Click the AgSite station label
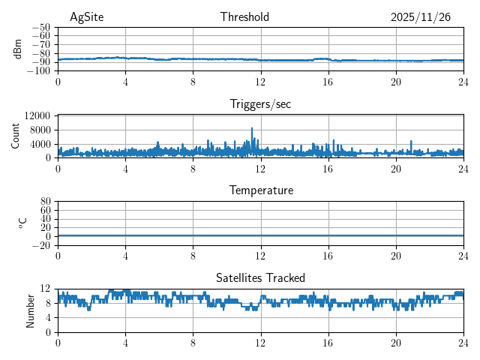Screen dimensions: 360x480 [86, 17]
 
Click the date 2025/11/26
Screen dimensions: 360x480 [420, 17]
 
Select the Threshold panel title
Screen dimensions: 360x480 [244, 17]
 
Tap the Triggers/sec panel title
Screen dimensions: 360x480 [260, 104]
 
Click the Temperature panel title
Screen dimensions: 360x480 [260, 190]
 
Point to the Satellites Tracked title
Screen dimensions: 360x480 [260, 277]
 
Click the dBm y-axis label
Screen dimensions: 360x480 [18, 49]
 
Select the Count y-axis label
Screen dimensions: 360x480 [16, 136]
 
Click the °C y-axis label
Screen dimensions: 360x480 [22, 223]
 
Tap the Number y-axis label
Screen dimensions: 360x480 [30, 310]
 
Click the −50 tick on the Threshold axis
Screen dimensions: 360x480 [41, 27]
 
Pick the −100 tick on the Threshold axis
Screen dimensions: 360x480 [39, 71]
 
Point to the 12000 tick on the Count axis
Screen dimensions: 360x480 [37, 115]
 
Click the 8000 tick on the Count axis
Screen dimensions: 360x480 [40, 130]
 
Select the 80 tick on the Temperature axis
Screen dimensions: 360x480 [45, 202]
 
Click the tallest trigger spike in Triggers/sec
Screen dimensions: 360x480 [252, 129]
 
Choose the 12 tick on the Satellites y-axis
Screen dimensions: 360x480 [45, 289]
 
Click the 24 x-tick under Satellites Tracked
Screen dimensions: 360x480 [463, 343]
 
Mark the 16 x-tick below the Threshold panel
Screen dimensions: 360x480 [328, 82]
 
